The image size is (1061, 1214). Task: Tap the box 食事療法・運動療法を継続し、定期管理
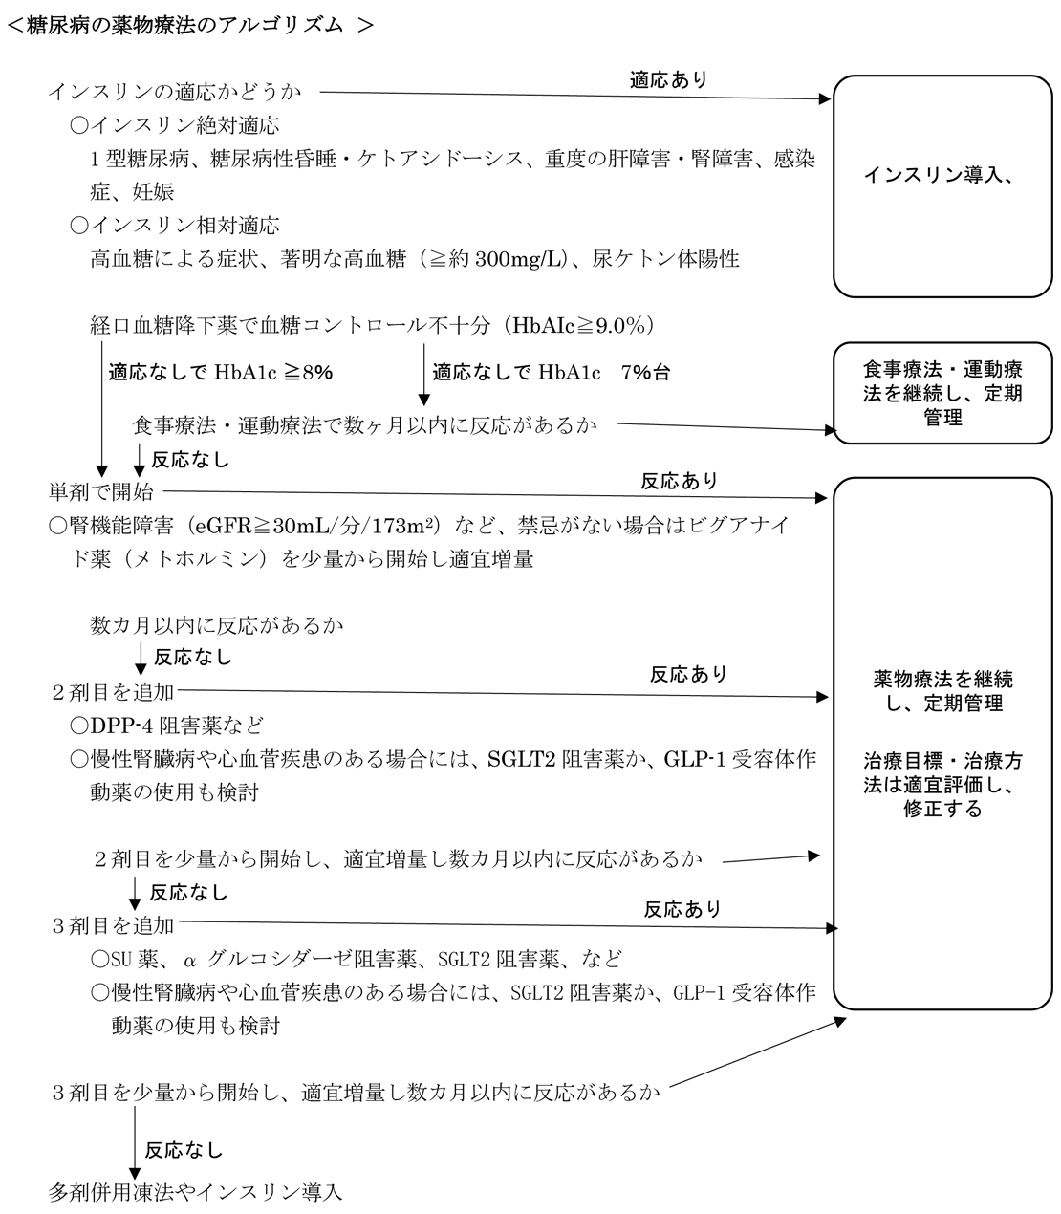click(x=942, y=393)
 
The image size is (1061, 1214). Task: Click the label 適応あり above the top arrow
click(x=669, y=80)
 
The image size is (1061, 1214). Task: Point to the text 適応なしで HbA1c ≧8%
click(x=220, y=372)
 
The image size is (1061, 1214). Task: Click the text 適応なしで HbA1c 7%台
click(x=551, y=373)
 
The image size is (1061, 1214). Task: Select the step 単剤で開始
click(x=100, y=492)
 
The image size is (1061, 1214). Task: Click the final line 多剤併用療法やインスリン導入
click(x=195, y=1192)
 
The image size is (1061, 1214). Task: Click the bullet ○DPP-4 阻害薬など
click(x=166, y=726)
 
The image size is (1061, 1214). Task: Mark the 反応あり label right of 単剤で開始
click(x=679, y=480)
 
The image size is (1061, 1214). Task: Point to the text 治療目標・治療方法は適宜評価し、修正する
click(x=942, y=785)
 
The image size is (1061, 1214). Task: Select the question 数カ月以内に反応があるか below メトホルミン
click(x=217, y=625)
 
